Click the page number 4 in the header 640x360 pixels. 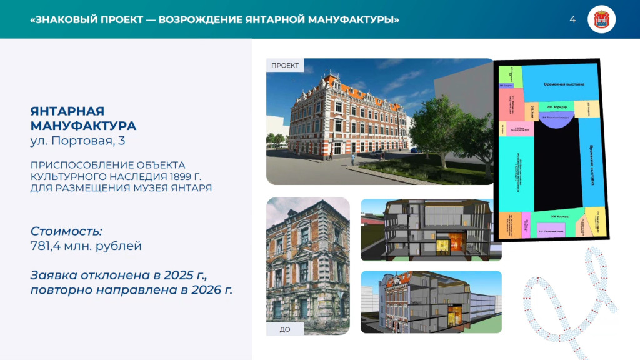[x=572, y=19]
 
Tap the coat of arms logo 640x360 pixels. [x=602, y=19]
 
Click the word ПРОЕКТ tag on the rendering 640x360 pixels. [x=285, y=65]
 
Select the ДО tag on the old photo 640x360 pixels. [x=285, y=329]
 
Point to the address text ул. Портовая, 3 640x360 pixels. [x=77, y=141]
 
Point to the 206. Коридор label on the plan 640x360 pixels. [x=562, y=216]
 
